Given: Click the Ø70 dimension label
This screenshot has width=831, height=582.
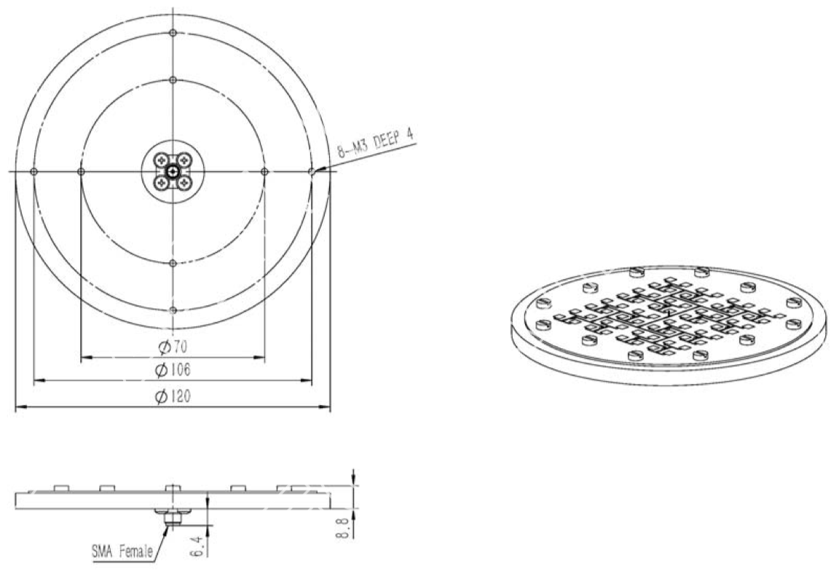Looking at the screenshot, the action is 173,347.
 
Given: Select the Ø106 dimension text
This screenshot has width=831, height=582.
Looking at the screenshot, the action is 173,370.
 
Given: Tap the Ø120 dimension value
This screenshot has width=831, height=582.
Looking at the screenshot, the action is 173,396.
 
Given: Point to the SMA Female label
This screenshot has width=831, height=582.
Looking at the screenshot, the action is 122,552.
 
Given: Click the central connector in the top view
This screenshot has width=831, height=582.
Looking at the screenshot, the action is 173,171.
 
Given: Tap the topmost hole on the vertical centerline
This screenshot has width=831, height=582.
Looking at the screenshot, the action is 173,33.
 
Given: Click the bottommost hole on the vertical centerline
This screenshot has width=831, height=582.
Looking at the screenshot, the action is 173,310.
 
